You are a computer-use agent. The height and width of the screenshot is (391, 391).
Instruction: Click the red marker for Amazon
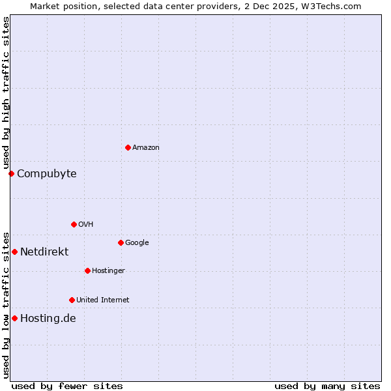coord(128,147)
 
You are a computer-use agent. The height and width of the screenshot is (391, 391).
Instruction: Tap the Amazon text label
coord(146,148)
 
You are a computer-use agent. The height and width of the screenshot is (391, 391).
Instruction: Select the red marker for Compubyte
coord(11,173)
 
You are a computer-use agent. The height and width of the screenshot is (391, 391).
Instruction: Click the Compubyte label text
coord(47,174)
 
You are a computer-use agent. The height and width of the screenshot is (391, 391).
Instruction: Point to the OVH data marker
coord(74,224)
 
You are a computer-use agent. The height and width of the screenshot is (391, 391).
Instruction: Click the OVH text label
coord(85,225)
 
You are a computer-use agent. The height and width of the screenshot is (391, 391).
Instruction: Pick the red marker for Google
coord(121,242)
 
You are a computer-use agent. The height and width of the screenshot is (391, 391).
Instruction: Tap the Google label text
coord(137,243)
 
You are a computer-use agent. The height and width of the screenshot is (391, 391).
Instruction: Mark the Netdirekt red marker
coord(14,252)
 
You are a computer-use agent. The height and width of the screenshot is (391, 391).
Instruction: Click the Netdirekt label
coord(44,252)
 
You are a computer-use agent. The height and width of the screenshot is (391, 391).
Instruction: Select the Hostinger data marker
coord(87,270)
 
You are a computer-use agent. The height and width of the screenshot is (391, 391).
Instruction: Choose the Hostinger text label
coord(108,271)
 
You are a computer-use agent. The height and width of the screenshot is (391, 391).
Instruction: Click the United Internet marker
coord(72,300)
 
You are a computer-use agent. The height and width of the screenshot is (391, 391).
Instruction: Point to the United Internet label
coord(102,300)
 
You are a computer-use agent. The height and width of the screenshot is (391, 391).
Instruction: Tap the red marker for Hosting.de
coord(14,318)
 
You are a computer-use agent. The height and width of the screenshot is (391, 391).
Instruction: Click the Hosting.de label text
coord(48,319)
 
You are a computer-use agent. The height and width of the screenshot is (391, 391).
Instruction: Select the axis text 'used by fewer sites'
coord(67,386)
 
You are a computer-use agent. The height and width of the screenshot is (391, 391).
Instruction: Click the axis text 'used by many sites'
coord(327,386)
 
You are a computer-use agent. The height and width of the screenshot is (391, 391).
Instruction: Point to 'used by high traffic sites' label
coord(6,93)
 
